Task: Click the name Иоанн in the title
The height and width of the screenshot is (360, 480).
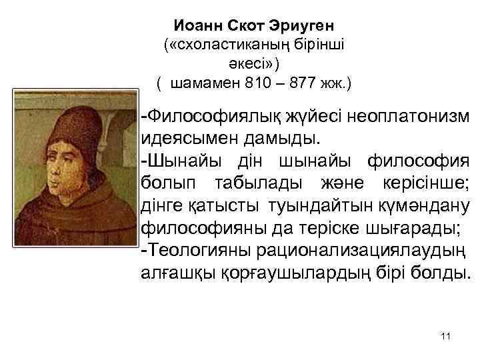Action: [196, 26]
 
